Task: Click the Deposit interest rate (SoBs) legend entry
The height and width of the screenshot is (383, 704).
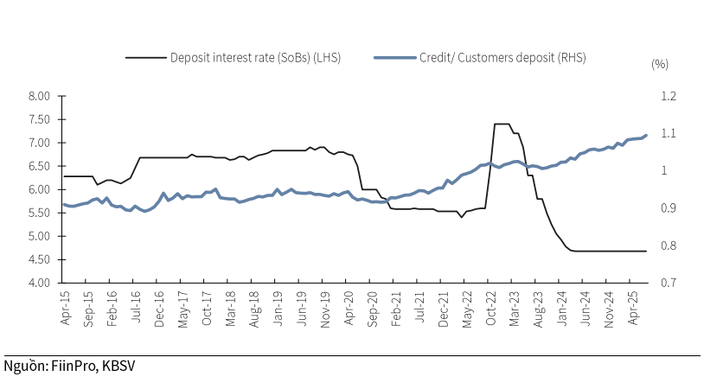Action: pyautogui.click(x=255, y=59)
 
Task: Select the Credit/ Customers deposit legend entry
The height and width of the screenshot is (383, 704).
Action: pyautogui.click(x=502, y=59)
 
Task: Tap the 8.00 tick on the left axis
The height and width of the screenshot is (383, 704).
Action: pyautogui.click(x=39, y=96)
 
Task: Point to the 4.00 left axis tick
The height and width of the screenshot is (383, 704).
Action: pyautogui.click(x=39, y=283)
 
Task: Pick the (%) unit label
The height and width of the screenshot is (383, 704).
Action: pyautogui.click(x=660, y=64)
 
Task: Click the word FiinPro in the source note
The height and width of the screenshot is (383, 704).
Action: pyautogui.click(x=74, y=364)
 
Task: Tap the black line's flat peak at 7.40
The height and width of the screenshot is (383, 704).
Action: pyautogui.click(x=502, y=124)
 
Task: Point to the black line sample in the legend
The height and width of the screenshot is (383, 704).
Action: pyautogui.click(x=144, y=59)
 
